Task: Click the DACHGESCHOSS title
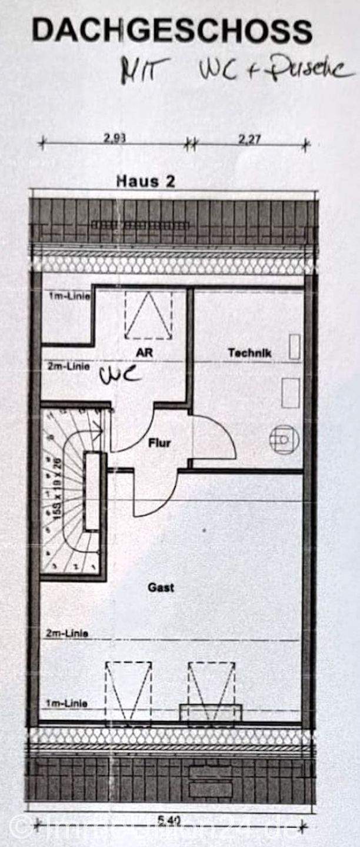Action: click(x=172, y=31)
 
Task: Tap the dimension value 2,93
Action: click(x=115, y=139)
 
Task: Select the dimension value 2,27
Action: click(x=249, y=139)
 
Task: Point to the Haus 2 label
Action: click(x=145, y=181)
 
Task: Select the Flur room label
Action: click(x=159, y=442)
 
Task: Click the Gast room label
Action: click(x=161, y=587)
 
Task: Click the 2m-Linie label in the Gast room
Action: click(x=67, y=633)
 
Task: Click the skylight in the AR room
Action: click(x=148, y=316)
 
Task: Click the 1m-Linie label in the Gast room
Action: click(x=67, y=703)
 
